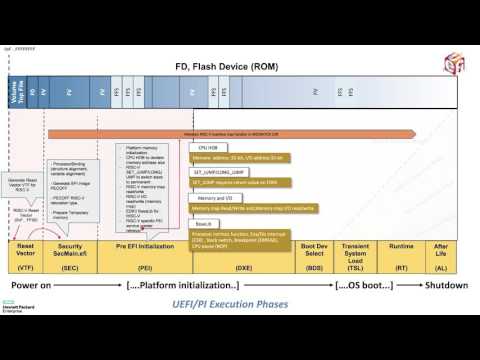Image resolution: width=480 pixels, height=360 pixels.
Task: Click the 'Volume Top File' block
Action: [x=15, y=99]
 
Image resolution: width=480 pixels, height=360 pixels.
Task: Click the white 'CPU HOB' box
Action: [x=207, y=146]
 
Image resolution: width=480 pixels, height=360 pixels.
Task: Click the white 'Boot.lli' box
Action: [x=205, y=224]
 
